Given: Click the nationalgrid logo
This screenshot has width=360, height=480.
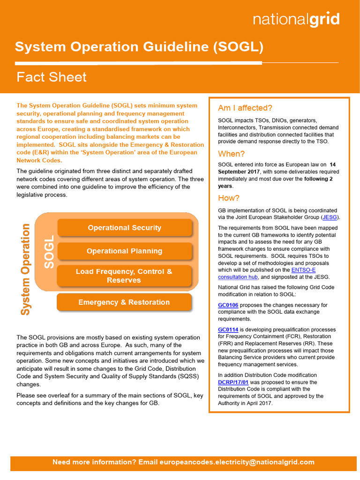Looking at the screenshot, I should (296, 20).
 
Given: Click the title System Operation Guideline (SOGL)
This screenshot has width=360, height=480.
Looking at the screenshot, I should (139, 47).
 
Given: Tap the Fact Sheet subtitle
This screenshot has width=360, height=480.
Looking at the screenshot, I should (52, 77).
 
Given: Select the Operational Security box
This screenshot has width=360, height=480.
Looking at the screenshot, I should (124, 228).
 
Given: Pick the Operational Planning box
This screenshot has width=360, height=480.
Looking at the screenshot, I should (124, 251).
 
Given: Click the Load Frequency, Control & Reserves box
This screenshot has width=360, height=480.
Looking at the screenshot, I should (124, 276).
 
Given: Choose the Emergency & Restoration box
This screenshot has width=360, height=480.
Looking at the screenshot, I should (124, 302).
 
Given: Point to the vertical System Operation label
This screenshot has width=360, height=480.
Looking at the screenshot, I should (25, 269).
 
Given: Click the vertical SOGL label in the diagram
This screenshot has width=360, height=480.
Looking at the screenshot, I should (49, 252).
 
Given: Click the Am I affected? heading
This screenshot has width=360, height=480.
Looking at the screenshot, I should (245, 108).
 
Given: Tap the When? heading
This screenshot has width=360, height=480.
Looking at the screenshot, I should (232, 154).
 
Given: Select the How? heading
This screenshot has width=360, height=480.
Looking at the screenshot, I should (229, 198).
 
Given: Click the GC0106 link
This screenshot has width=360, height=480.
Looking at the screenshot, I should (229, 305).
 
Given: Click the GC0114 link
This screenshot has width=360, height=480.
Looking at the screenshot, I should (229, 330).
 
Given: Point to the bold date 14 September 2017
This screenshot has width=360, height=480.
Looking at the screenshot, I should (277, 168).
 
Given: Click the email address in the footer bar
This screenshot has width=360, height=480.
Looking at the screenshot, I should (237, 462).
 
